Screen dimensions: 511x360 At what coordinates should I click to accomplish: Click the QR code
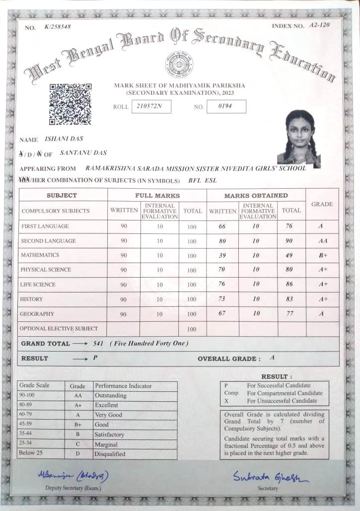pos(70,104)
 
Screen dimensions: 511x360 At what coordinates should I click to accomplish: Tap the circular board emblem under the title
pos(179,66)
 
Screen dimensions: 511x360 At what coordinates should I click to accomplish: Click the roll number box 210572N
pos(151,107)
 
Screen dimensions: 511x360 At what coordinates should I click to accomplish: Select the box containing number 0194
pos(225,106)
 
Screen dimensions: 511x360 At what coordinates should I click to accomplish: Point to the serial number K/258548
pos(58,27)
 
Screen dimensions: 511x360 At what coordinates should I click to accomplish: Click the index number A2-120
pos(319,25)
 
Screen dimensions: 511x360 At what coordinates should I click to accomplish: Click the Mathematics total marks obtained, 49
pos(289,255)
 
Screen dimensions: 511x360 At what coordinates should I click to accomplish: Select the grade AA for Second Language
pos(322,241)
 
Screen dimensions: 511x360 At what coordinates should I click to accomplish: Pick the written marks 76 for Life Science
pos(221,284)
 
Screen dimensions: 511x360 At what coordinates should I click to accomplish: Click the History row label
pos(31,299)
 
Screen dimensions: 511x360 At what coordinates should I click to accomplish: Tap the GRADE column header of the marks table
pos(322,204)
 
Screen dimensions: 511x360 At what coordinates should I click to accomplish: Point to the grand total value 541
pos(99,344)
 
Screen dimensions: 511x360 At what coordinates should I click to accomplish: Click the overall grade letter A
pos(272,358)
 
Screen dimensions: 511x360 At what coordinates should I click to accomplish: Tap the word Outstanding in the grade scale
pos(111,396)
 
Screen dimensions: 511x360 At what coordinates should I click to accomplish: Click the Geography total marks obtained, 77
pos(290,314)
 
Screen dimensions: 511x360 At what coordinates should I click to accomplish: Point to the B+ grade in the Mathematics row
pos(322,256)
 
